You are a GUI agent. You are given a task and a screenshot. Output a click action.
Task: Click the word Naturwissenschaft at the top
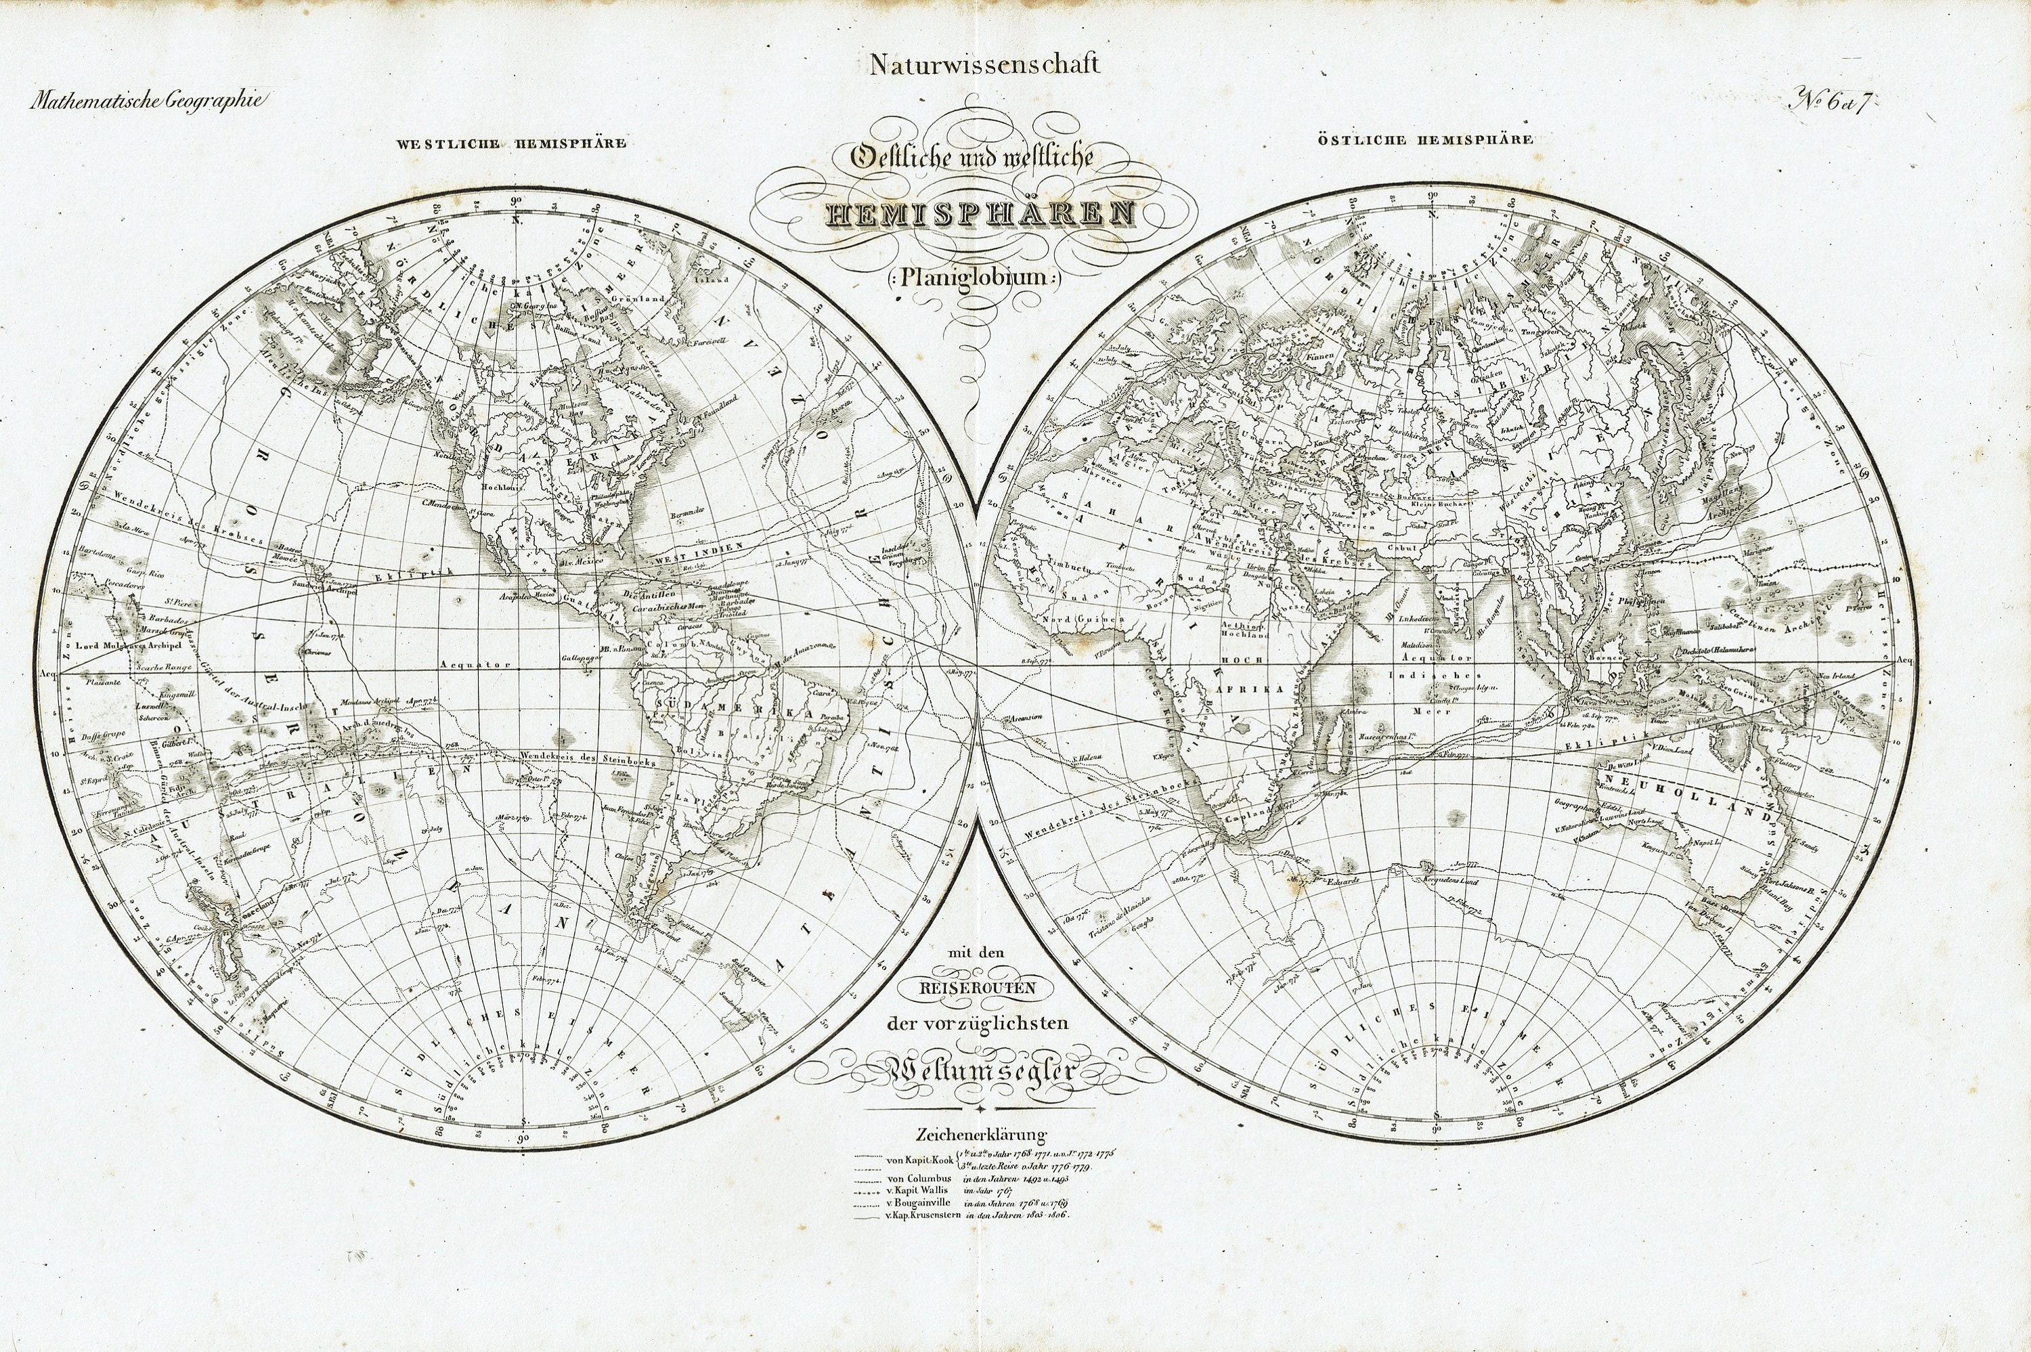coord(984,65)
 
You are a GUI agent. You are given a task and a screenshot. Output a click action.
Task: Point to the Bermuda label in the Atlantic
coord(687,513)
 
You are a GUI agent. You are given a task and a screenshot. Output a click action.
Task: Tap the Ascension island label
coord(1028,716)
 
